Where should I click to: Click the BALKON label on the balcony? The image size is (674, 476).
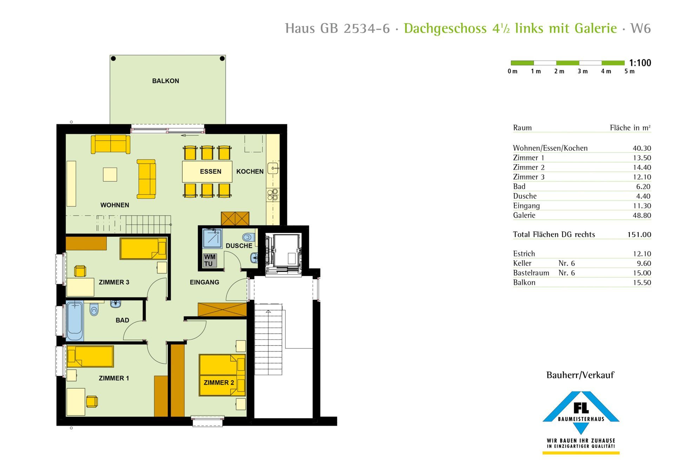165,81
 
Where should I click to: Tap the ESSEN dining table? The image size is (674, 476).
207,171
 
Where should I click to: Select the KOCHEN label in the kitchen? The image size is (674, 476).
250,171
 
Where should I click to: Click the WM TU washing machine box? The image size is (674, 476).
210,260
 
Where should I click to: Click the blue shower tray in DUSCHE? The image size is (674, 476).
212,238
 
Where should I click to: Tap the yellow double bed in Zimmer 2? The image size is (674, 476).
222,375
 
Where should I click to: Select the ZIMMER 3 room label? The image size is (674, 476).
114,282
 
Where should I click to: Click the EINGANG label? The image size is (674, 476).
204,282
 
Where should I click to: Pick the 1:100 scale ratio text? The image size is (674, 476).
640,63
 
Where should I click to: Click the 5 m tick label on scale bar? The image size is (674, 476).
629,72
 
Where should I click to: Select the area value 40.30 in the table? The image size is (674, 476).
642,148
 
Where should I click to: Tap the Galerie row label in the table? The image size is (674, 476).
524,215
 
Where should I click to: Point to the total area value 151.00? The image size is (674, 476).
639,234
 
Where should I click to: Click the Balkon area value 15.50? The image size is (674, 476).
642,283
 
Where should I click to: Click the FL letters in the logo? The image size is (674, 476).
581,408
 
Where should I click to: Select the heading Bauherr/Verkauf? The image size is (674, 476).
580,375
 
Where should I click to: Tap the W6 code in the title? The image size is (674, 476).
641,28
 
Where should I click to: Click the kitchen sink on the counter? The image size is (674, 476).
273,168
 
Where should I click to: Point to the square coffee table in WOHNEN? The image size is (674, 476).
110,175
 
